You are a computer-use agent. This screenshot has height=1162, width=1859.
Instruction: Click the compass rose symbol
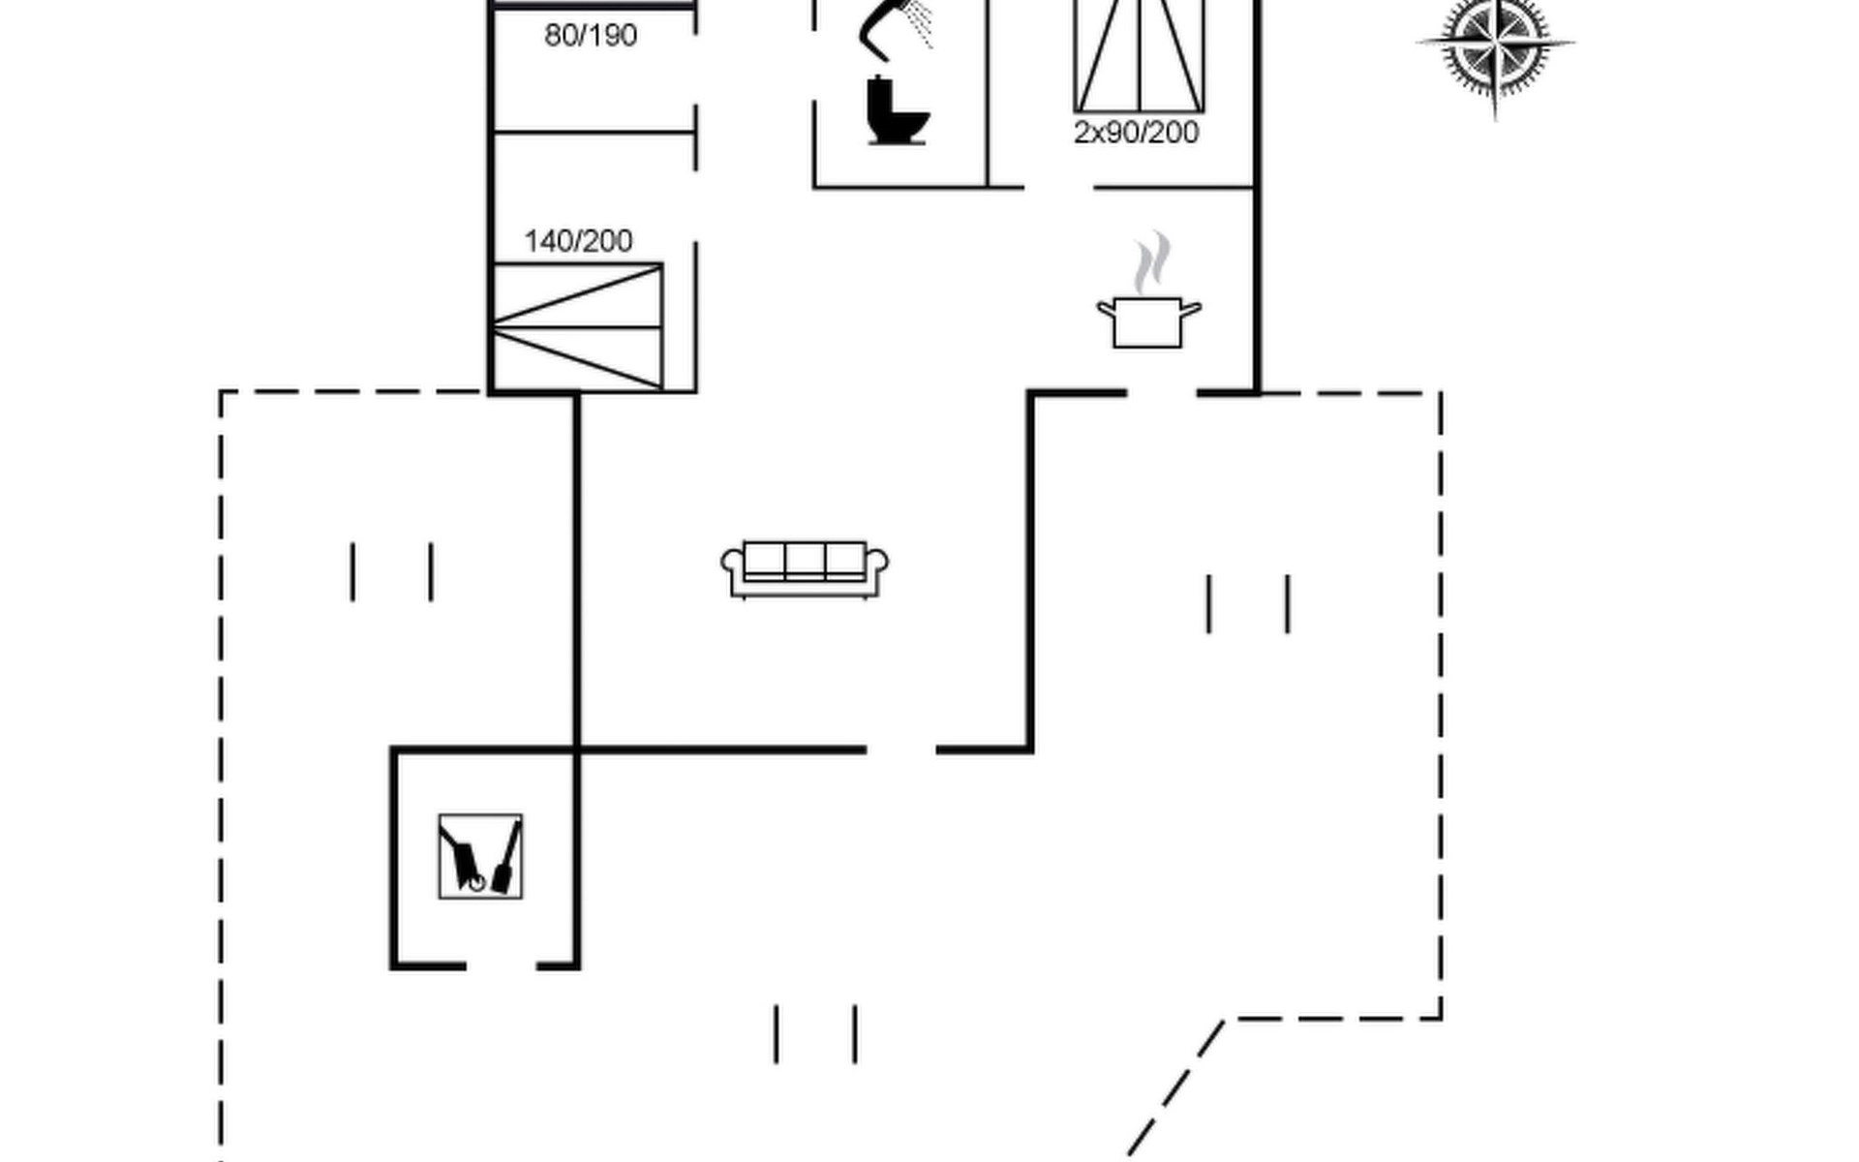(x=1495, y=46)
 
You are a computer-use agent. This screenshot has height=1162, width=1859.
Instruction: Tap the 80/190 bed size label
(x=591, y=36)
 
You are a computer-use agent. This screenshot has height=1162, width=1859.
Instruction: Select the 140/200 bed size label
(x=578, y=241)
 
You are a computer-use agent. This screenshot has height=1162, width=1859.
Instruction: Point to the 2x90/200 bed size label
(x=1136, y=133)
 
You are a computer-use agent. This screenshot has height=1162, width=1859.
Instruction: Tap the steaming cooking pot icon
(x=1148, y=320)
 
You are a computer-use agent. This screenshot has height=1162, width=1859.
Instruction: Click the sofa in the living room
(x=805, y=569)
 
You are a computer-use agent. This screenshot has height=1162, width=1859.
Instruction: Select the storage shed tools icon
(x=480, y=856)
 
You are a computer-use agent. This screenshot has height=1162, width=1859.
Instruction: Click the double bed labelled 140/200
(x=578, y=326)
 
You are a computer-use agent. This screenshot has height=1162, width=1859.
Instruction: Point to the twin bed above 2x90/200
(x=1140, y=55)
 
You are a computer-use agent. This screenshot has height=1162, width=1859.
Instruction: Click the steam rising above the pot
(x=1152, y=261)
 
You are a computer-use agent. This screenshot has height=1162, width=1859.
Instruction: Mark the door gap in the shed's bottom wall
(x=502, y=965)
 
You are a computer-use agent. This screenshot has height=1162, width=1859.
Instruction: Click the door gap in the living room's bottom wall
(x=900, y=749)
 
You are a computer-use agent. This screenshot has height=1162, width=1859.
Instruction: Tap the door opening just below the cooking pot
(x=1162, y=393)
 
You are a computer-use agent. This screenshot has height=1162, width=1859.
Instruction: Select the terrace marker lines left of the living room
(x=391, y=572)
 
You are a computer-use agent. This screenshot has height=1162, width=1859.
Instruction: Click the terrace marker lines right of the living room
(x=1248, y=604)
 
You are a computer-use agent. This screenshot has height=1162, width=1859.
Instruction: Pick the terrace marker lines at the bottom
(x=815, y=1034)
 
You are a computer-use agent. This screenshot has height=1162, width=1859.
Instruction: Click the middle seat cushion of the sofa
(x=805, y=560)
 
